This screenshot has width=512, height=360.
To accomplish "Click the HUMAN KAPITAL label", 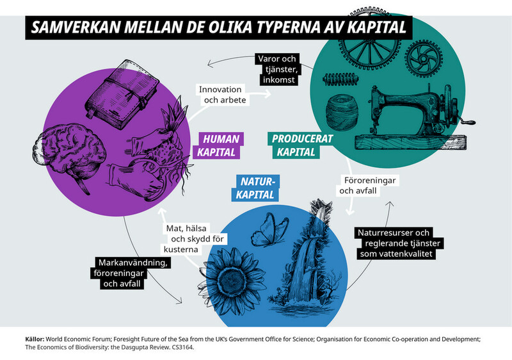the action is click(x=218, y=145).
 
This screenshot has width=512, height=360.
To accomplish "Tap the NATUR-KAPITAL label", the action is click(x=255, y=188).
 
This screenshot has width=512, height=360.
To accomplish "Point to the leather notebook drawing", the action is click(x=122, y=94).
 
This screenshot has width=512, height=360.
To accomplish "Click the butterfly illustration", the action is click(x=269, y=229).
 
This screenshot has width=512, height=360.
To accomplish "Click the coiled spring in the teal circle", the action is click(x=340, y=79).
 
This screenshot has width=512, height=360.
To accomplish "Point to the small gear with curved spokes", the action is click(x=424, y=59).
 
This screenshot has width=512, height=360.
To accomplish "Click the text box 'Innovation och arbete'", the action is click(x=223, y=95).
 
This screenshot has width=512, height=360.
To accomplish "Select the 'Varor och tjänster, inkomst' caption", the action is click(x=278, y=69).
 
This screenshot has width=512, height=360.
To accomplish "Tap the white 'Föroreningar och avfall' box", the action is click(x=367, y=186).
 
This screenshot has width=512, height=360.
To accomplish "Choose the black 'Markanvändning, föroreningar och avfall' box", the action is click(x=131, y=273).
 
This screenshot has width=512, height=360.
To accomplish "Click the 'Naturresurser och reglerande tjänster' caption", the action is click(x=399, y=243).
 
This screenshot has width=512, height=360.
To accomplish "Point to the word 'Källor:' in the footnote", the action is click(x=35, y=339).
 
